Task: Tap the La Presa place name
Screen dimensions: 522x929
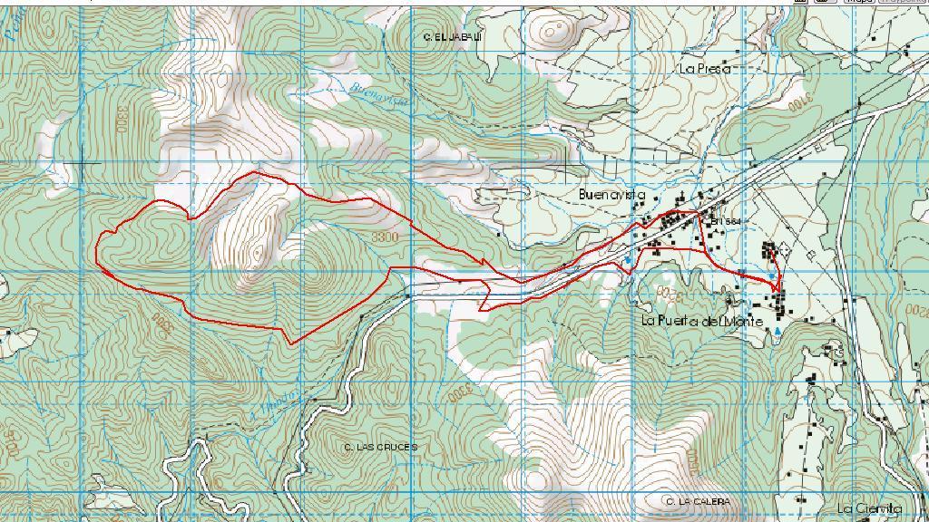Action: [705, 68]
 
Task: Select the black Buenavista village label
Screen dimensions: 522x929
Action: [611, 195]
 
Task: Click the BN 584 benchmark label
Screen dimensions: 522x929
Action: [727, 221]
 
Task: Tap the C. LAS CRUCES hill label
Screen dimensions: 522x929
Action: [381, 448]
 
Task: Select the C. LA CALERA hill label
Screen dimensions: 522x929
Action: [697, 501]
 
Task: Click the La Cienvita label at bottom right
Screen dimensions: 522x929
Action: [869, 508]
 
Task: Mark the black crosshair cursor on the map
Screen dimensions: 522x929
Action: [84, 164]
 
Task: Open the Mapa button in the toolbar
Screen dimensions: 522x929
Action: [859, 2]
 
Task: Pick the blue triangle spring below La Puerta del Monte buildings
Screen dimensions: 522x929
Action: [777, 333]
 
